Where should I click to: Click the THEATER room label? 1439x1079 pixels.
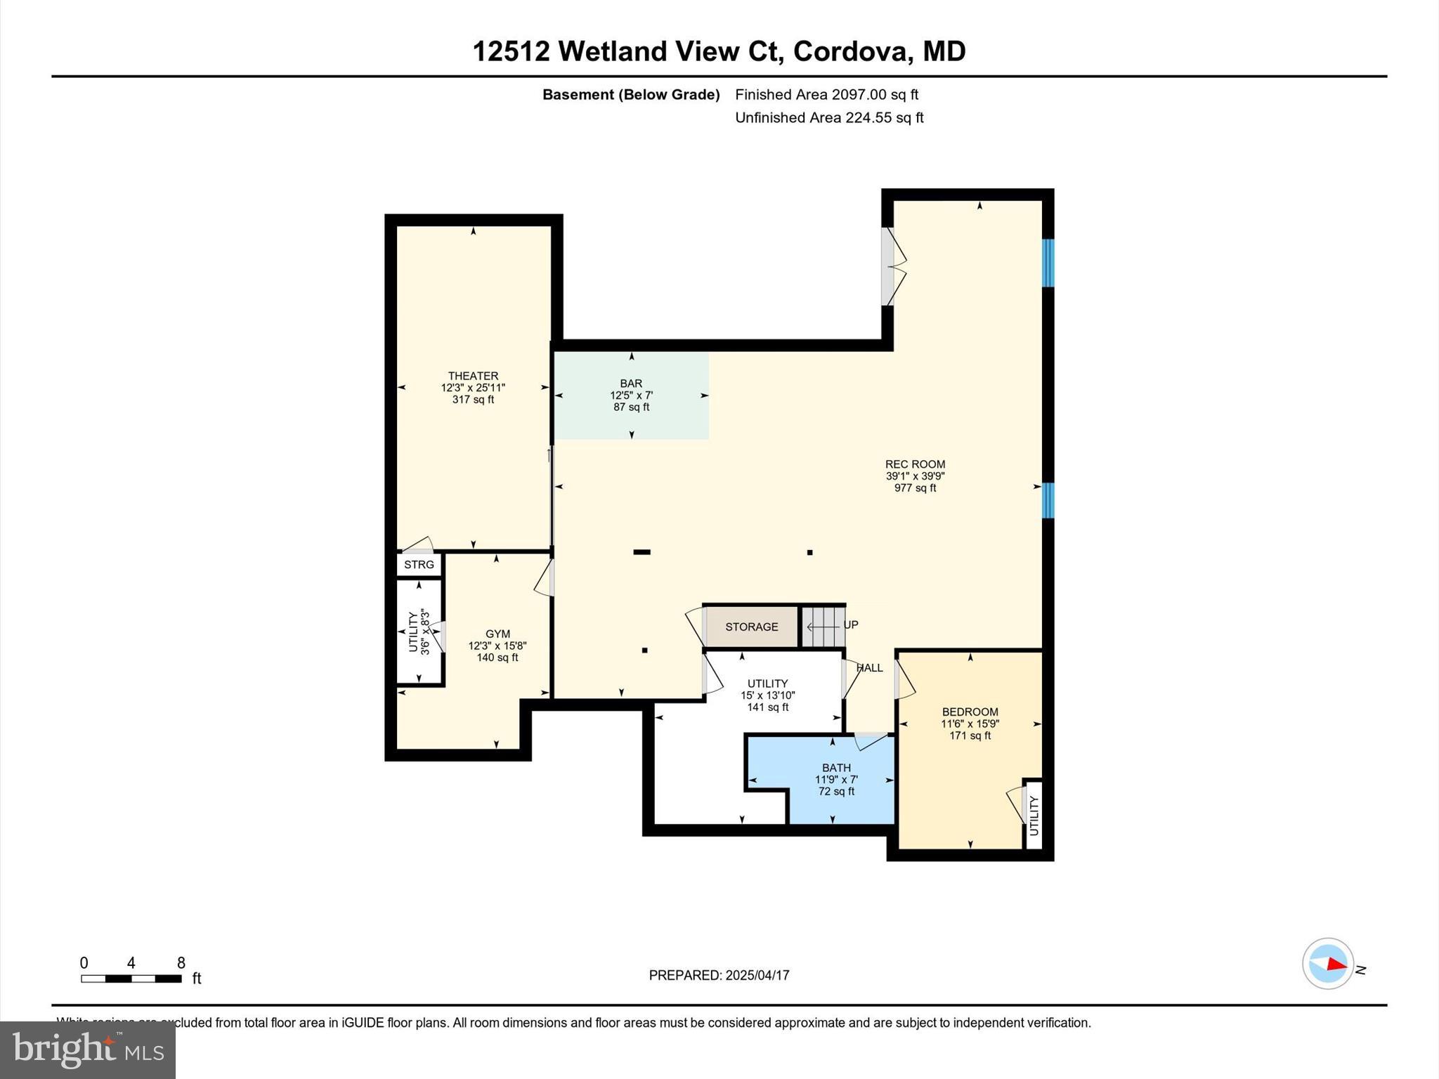pos(473,376)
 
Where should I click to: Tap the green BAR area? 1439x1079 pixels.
pos(631,395)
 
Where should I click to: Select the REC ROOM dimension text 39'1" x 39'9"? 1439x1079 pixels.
pos(915,476)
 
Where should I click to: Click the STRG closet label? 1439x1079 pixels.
pos(419,565)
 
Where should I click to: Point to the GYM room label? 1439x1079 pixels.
pos(497,634)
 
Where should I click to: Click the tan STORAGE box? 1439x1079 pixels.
pos(751,627)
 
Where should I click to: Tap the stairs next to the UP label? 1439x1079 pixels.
pos(822,626)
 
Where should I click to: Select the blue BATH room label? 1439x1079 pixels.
pos(836,768)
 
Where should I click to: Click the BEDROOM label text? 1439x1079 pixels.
pos(970,712)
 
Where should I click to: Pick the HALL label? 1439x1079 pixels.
pos(870,668)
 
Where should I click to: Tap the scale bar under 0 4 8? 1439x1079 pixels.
pos(131,979)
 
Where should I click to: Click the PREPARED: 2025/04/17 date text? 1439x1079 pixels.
pos(719,975)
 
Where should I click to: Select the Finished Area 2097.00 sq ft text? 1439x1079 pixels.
pos(826,95)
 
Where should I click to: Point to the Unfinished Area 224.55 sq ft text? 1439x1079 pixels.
pos(829,118)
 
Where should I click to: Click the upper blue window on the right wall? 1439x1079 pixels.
pos(1048,263)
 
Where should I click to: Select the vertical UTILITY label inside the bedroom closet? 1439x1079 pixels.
pos(1034,815)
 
